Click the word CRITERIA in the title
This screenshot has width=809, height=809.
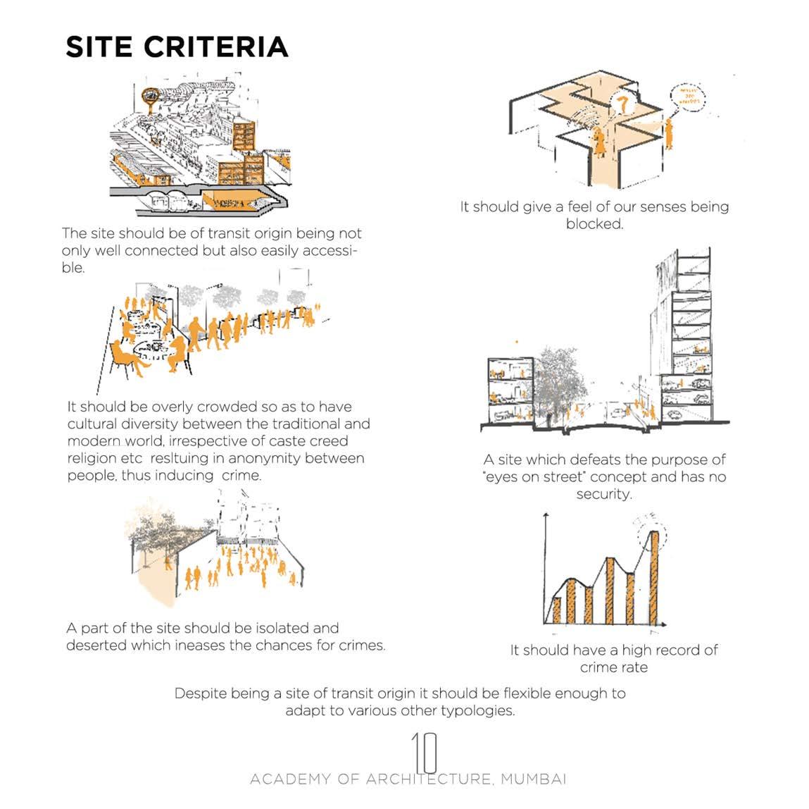pyautogui.click(x=216, y=47)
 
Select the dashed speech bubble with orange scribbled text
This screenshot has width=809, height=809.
pyautogui.click(x=688, y=96)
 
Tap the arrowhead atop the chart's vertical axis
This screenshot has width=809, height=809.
pyautogui.click(x=544, y=517)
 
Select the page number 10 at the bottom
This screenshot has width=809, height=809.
pyautogui.click(x=424, y=752)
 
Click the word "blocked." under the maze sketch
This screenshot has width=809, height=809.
pyautogui.click(x=594, y=224)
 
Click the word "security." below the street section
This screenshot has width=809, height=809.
pyautogui.click(x=604, y=494)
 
